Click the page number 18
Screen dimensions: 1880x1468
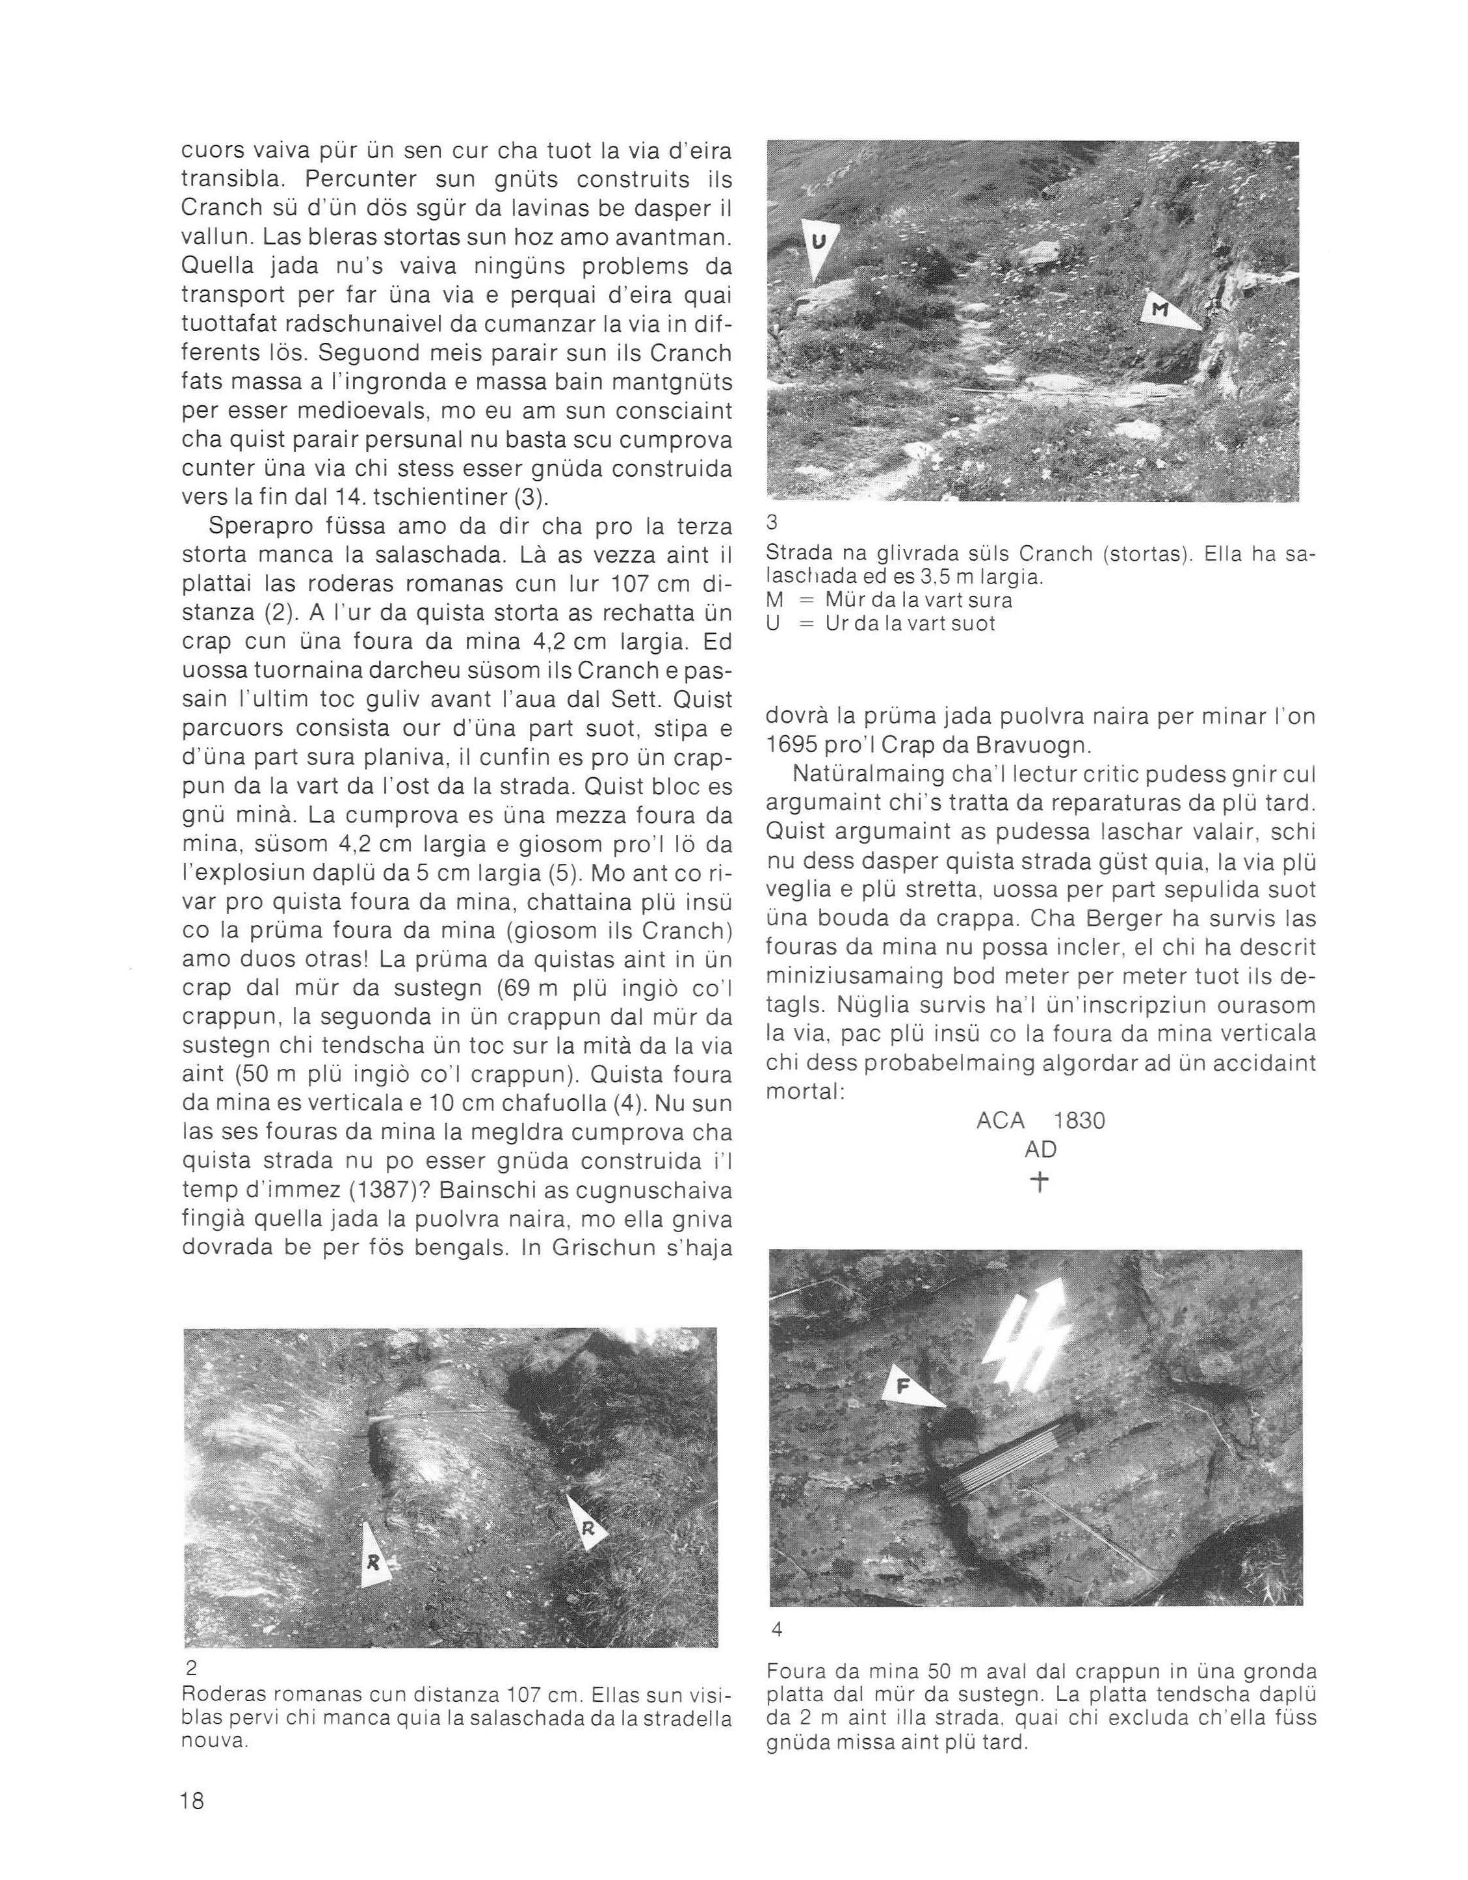pos(192,1800)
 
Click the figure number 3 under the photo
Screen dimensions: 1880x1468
pos(771,522)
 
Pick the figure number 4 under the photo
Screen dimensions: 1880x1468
pos(777,1629)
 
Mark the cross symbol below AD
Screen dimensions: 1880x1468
pos(1040,1183)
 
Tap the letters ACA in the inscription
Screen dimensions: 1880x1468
pos(1001,1121)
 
